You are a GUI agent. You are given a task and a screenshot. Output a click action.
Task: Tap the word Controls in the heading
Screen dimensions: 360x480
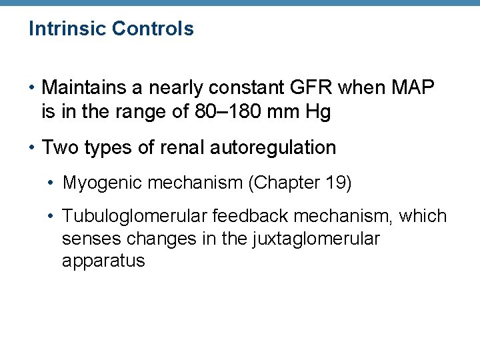153,29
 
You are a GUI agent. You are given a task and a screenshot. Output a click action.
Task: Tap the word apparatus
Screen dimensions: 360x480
103,261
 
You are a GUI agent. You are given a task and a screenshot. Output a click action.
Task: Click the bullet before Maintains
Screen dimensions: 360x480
33,87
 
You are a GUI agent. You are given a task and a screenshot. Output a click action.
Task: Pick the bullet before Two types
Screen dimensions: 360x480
33,147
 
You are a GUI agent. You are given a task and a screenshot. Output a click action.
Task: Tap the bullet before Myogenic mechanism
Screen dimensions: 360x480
53,183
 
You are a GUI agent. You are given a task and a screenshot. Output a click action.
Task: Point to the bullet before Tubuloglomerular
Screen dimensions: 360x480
53,216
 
